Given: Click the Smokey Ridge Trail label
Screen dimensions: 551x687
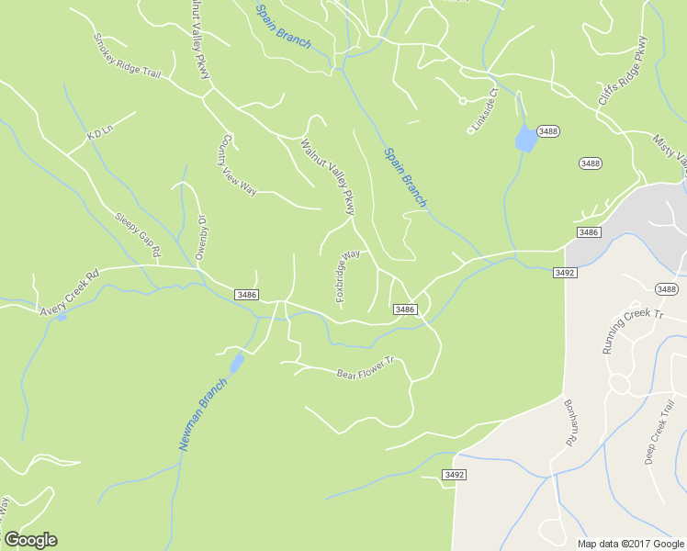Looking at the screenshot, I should [127, 57].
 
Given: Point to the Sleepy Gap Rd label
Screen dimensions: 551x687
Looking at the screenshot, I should [138, 235].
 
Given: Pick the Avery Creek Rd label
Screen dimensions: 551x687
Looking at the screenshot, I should [69, 293].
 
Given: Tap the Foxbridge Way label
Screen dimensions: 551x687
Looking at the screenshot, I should [347, 276].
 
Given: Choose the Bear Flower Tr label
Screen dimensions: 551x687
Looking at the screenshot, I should [365, 368].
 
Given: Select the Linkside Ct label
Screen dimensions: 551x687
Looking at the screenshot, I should [483, 110].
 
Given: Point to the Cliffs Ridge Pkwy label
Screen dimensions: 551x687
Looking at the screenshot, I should [623, 71].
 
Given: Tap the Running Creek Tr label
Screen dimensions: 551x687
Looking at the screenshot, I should [632, 331].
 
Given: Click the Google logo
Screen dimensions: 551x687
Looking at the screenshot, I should [30, 540].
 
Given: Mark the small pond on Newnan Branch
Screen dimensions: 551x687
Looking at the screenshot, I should [237, 363].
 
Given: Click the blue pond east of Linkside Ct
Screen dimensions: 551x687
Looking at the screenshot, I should [524, 138].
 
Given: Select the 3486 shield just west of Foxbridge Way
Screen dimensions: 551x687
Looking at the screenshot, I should [246, 295].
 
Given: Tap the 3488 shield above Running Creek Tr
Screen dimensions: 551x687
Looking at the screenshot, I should [666, 289].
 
